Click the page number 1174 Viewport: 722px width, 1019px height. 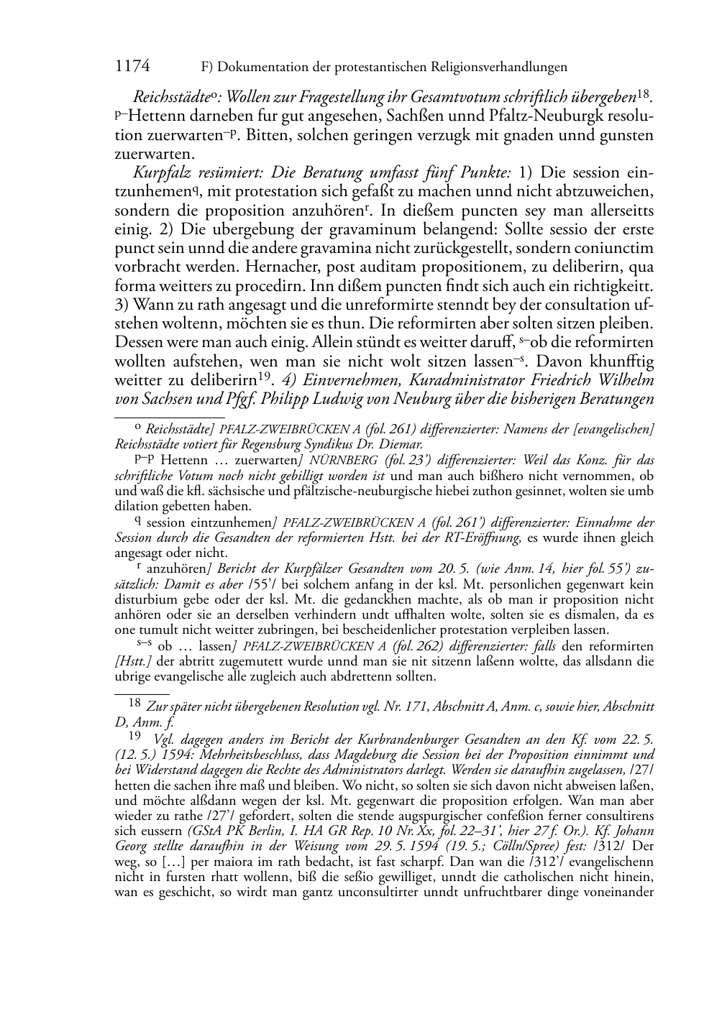point(132,67)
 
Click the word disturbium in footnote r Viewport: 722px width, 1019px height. point(147,599)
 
